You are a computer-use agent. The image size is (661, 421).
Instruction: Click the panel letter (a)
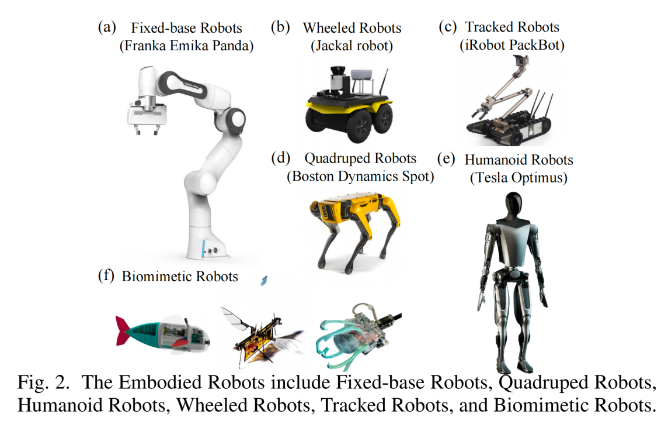coord(107,27)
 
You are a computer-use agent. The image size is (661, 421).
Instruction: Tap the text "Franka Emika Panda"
coord(186,47)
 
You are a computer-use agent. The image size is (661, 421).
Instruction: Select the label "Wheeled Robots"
coord(352,27)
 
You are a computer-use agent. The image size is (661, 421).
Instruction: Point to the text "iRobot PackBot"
coord(502,45)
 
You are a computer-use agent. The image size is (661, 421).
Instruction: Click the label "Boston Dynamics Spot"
coord(360,177)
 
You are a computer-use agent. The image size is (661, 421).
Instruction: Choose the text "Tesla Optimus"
coord(519,178)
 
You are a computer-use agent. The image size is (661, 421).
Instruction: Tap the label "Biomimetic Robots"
coord(180,276)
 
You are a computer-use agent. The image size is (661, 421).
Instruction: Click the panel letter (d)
coord(280,158)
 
